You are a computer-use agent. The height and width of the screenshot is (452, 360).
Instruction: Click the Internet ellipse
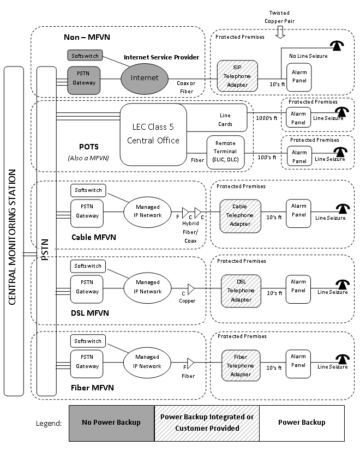[x=145, y=78]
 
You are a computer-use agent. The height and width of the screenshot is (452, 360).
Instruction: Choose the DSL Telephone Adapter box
[x=241, y=291]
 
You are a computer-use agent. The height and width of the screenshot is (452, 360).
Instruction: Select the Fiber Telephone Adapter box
[x=241, y=366]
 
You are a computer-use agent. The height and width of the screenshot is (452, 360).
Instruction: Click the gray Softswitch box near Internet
[x=85, y=55]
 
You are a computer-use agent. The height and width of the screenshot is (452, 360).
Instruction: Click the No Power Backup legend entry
[x=111, y=423]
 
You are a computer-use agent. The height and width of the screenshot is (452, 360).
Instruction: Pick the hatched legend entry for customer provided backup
[x=207, y=423]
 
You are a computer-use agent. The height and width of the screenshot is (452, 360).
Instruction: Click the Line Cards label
[x=225, y=120]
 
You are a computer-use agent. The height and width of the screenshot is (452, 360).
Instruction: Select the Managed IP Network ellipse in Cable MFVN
[x=148, y=211]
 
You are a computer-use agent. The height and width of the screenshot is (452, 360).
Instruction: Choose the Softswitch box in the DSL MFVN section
[x=88, y=266]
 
